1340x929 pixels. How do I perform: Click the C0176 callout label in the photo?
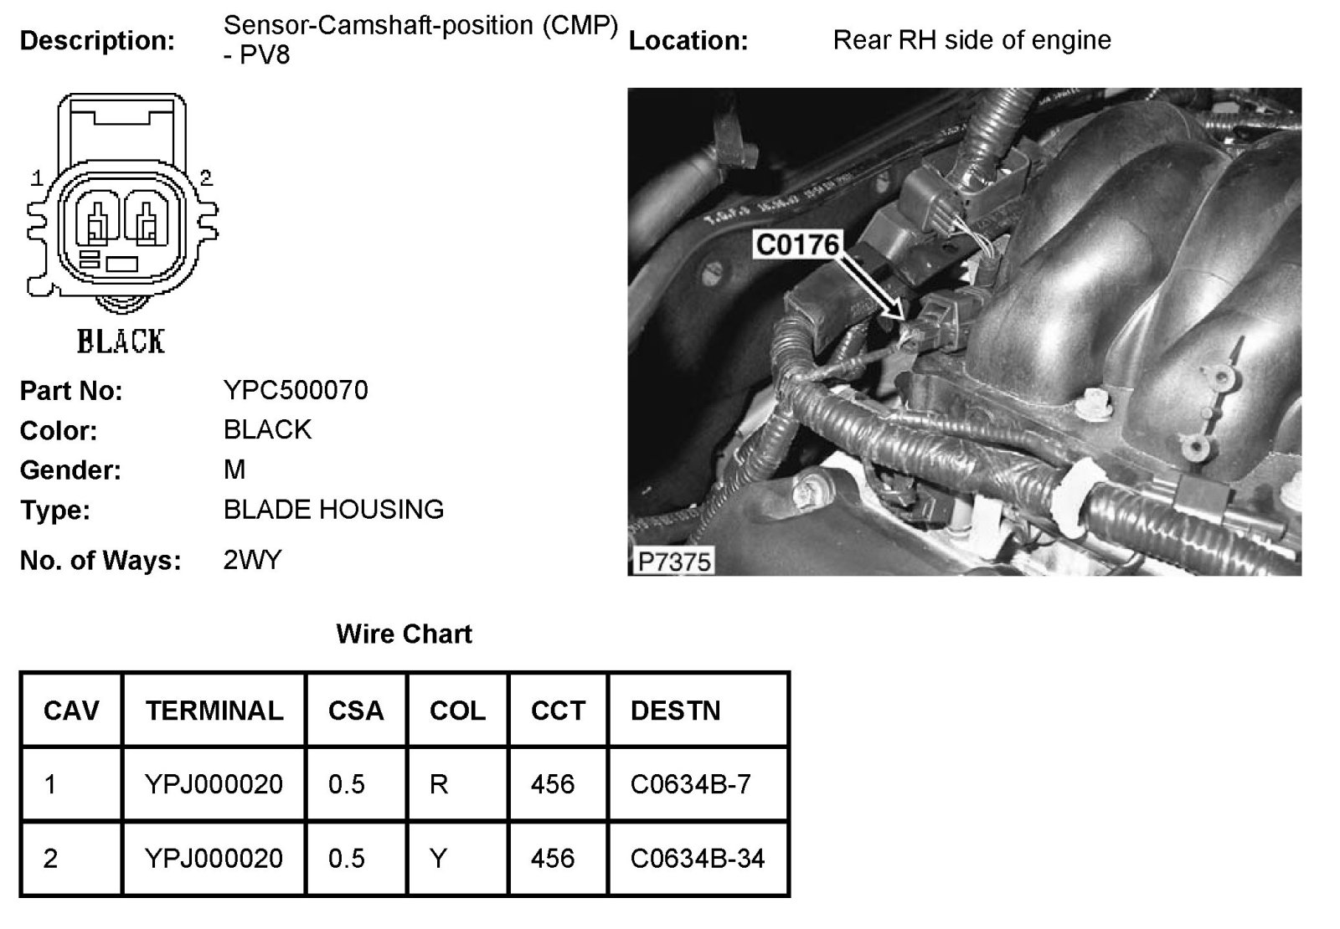796,244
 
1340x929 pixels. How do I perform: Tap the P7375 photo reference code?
673,561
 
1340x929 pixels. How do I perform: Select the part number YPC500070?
296,390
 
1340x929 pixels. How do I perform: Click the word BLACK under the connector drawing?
121,341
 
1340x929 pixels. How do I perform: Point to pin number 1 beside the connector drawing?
37,177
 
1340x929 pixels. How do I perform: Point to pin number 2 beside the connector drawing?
206,177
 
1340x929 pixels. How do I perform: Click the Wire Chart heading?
404,634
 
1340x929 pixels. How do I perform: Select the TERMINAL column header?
214,711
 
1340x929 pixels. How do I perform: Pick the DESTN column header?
675,711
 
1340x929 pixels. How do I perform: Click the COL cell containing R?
439,784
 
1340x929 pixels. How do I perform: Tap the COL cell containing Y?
438,858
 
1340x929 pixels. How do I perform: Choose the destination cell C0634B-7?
690,784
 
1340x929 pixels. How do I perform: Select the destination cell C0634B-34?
698,858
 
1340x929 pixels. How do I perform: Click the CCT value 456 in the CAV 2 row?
553,858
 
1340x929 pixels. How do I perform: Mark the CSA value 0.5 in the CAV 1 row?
347,784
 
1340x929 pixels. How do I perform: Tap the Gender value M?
234,470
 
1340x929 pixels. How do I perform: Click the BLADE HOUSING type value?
333,509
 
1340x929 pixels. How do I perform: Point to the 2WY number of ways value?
252,559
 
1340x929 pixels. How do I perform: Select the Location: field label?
688,40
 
